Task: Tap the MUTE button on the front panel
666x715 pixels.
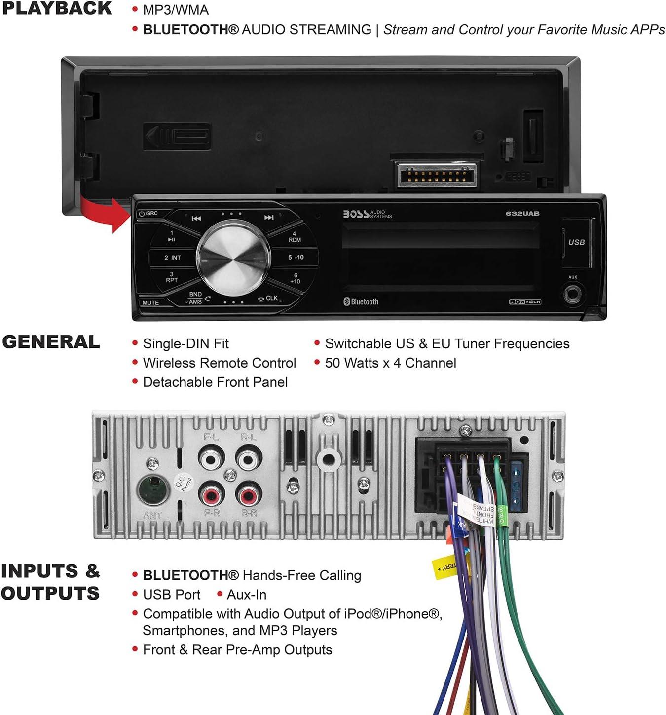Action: (x=150, y=302)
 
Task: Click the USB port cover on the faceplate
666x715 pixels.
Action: (x=577, y=243)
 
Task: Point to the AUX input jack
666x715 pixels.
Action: (x=572, y=295)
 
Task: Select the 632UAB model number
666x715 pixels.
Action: (x=522, y=214)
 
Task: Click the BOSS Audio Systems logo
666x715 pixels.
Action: (x=367, y=214)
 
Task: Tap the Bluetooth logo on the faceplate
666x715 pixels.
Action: (x=361, y=301)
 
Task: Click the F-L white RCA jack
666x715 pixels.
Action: (x=211, y=459)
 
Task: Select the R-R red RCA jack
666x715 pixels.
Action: (x=249, y=494)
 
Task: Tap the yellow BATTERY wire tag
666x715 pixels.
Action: (x=445, y=567)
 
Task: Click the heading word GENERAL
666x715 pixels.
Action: (x=51, y=342)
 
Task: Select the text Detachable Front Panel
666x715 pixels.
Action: (x=215, y=382)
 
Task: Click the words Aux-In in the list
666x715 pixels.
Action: (x=246, y=595)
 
